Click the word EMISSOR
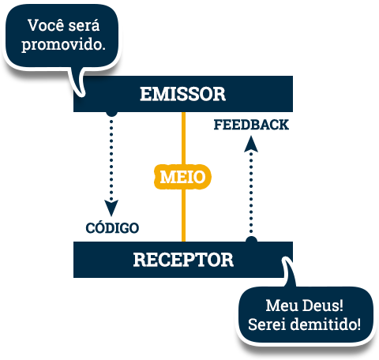tap(183, 94)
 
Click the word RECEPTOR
tap(183, 260)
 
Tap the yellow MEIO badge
tap(182, 177)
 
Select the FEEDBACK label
tap(251, 125)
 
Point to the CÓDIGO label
tap(112, 227)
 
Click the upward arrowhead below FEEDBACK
tap(251, 144)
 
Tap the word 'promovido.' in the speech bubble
tap(63, 45)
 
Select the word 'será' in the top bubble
tap(84, 25)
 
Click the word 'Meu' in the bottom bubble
tap(282, 306)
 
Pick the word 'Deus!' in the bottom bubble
tap(323, 306)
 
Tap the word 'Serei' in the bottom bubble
tap(268, 324)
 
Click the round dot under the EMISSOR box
tap(111, 113)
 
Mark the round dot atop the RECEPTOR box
tap(251, 240)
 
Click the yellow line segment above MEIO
tap(183, 138)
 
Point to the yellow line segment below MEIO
tap(183, 215)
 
